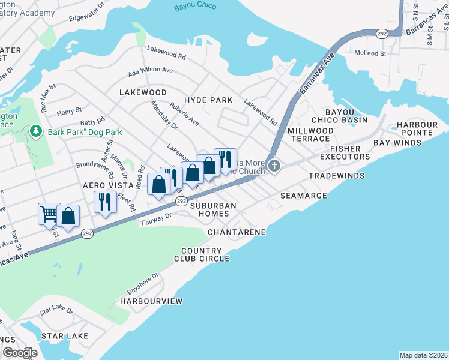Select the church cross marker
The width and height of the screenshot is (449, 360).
click(x=274, y=166)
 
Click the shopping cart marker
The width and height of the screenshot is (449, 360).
click(x=49, y=213)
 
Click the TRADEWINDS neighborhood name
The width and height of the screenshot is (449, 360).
click(x=333, y=176)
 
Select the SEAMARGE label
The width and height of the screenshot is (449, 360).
click(x=303, y=196)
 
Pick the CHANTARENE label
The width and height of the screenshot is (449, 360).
click(x=237, y=231)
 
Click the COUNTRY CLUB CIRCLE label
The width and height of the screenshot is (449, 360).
click(x=205, y=254)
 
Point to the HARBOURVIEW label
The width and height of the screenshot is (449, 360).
click(x=151, y=300)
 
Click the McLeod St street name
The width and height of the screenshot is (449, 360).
click(x=370, y=53)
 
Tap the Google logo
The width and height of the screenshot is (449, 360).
click(x=20, y=353)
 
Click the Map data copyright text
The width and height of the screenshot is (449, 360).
click(x=423, y=355)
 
